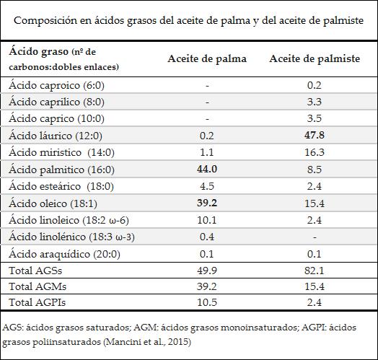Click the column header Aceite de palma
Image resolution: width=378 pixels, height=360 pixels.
click(207, 58)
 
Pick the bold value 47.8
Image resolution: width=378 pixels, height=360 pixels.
click(315, 135)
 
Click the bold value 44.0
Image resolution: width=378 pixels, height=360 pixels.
click(207, 168)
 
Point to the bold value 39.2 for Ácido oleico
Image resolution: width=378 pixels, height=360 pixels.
click(207, 202)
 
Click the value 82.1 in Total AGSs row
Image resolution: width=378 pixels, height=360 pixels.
click(315, 270)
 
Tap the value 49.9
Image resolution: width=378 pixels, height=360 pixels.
click(207, 270)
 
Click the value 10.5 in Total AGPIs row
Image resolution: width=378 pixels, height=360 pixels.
click(207, 303)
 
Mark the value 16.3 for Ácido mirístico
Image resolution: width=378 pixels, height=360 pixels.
click(315, 152)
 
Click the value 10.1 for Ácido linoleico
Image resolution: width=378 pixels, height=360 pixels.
click(207, 219)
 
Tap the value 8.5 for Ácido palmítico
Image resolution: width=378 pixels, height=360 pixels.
click(315, 168)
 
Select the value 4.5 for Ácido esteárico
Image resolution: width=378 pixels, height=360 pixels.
click(207, 185)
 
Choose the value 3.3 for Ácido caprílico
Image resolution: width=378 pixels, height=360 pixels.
click(315, 101)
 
